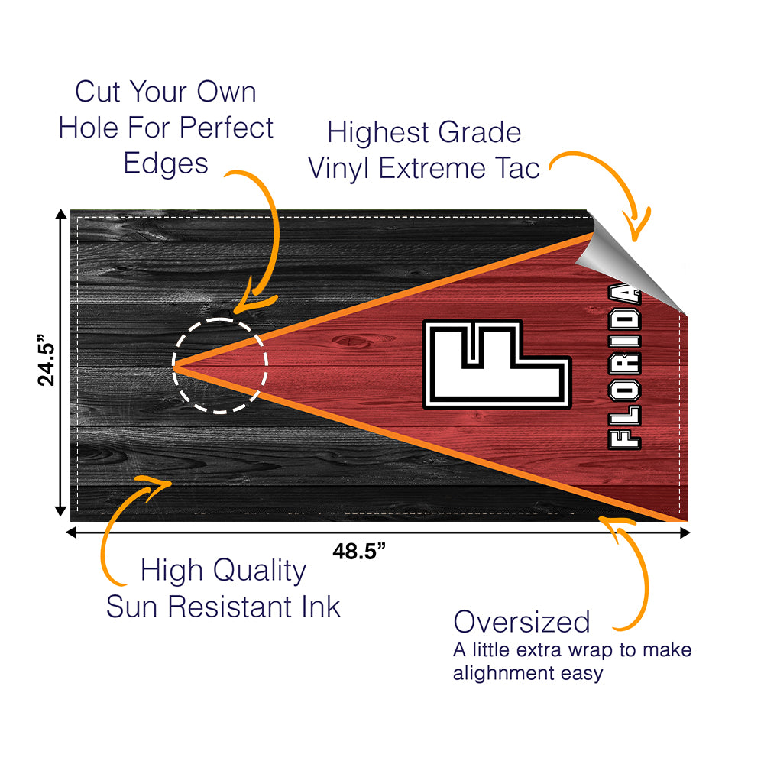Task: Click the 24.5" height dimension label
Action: (48, 362)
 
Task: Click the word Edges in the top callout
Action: (165, 163)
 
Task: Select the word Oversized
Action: (521, 622)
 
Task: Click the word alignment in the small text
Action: (497, 673)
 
